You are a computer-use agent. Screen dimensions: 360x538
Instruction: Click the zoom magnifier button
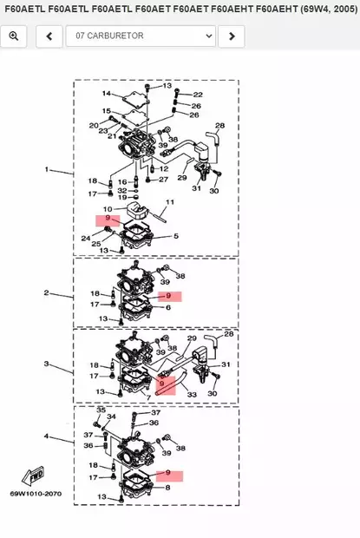14,36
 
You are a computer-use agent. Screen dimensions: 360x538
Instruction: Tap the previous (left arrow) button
49,36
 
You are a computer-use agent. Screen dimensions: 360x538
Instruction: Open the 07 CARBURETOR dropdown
141,36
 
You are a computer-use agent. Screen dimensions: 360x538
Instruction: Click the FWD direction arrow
33,476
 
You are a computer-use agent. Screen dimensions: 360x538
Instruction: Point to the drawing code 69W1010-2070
36,494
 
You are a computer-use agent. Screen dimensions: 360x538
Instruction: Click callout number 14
107,94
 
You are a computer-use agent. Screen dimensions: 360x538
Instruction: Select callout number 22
198,95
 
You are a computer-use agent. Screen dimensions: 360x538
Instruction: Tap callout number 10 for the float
108,209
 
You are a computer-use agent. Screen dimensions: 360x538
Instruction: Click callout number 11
170,202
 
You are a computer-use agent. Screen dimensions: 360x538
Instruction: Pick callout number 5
176,236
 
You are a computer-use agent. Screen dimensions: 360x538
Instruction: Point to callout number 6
168,307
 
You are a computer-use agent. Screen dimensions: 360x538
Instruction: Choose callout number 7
148,398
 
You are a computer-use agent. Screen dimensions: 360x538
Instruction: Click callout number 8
167,487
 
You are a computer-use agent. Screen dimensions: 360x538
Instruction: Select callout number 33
192,395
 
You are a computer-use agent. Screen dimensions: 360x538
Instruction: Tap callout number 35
101,410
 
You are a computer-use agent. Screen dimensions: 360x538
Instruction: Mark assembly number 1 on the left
47,169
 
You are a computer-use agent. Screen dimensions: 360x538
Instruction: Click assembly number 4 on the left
46,436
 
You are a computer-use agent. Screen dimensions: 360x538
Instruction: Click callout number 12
164,169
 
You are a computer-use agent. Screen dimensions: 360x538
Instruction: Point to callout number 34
111,417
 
